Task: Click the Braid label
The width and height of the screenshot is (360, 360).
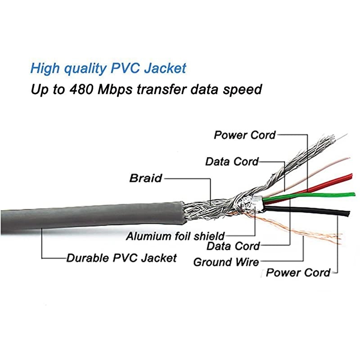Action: [x=145, y=178]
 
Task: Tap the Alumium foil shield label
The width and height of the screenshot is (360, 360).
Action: [x=175, y=235]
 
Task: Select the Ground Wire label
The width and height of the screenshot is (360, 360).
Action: [x=226, y=261]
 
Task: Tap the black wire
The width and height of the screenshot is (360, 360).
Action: [x=315, y=210]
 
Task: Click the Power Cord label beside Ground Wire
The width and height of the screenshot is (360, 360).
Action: [x=298, y=272]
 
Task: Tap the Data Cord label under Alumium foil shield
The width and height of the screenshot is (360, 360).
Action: [x=233, y=246]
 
